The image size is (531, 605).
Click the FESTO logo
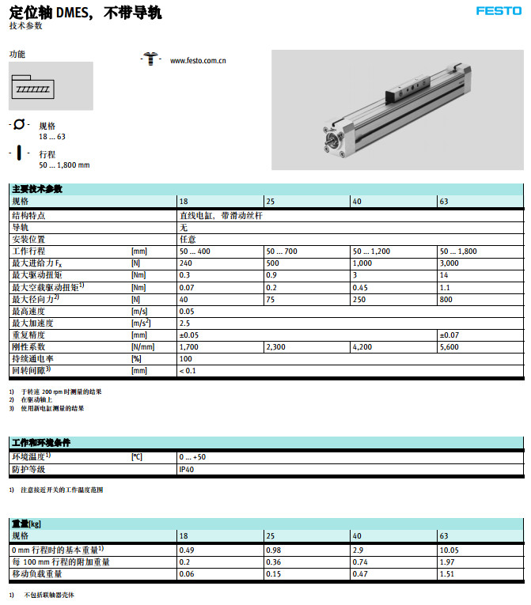click(499, 11)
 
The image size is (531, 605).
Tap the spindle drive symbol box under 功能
click(51, 86)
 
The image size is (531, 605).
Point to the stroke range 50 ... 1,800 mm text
click(64, 164)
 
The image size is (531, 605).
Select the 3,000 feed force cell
click(449, 263)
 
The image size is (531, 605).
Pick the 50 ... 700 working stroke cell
click(282, 251)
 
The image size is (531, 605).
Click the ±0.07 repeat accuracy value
click(449, 335)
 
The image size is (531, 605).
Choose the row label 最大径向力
click(35, 299)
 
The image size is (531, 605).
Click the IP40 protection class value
click(187, 469)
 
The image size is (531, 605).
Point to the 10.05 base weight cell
click(449, 550)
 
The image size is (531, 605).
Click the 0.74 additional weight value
click(361, 562)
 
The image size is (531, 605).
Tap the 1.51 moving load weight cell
click(447, 573)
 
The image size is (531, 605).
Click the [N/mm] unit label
click(143, 346)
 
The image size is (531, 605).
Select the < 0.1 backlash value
click(188, 370)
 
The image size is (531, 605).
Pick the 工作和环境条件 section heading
click(41, 443)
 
